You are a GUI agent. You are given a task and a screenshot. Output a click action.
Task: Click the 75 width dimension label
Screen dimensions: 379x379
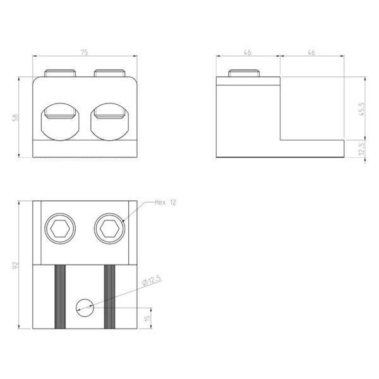[84, 52]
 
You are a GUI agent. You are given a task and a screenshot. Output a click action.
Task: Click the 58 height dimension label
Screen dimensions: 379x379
[15, 117]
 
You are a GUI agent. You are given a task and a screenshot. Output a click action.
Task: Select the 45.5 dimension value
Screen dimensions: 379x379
[361, 109]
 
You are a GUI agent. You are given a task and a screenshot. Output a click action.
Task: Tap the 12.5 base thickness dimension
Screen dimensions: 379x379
[361, 148]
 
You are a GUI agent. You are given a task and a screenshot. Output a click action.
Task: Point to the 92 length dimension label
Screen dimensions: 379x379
[15, 265]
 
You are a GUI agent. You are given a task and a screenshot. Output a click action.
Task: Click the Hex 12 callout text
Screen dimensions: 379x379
[165, 202]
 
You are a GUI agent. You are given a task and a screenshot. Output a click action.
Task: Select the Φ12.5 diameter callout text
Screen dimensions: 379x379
[152, 280]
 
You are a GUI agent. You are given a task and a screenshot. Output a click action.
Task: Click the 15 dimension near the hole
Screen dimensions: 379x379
[147, 318]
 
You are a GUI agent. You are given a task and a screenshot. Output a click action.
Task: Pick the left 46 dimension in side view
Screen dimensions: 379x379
[248, 52]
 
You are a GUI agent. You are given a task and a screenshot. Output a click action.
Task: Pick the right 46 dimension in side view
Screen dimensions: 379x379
[311, 52]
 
